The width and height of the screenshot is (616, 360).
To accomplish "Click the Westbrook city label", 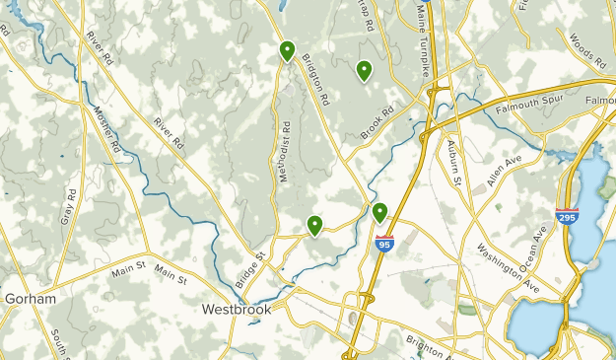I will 236,309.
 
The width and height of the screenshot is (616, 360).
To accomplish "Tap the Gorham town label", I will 30,298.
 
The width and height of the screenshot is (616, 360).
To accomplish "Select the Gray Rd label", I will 70,205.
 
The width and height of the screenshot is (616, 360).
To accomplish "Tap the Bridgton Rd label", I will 315,80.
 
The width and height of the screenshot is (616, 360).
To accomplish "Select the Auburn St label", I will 454,164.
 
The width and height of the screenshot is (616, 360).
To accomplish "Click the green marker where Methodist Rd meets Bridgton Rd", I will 287,50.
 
